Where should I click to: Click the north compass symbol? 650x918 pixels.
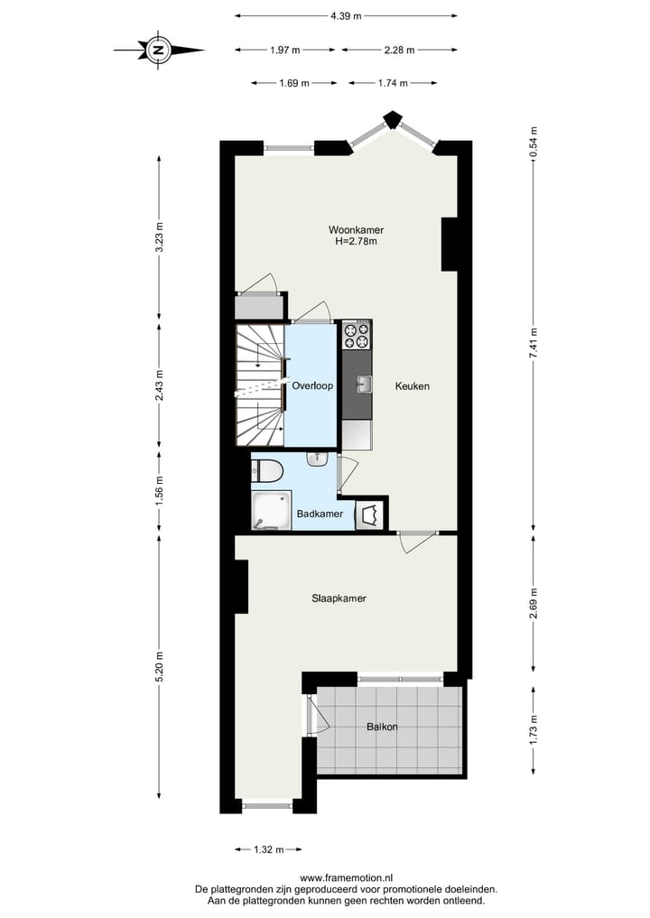pos(159,50)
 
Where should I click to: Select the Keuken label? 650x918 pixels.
pos(412,386)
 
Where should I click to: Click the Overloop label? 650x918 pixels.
pos(312,385)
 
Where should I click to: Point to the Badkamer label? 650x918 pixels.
pos(320,514)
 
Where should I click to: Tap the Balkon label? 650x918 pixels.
pos(382,727)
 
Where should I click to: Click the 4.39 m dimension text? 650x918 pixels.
pos(346,15)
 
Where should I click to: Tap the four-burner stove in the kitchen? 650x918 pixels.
pos(357,335)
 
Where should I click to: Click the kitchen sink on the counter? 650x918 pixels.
pos(363,385)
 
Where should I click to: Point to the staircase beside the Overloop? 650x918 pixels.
pos(260,385)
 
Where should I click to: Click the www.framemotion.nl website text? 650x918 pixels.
pos(347,877)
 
